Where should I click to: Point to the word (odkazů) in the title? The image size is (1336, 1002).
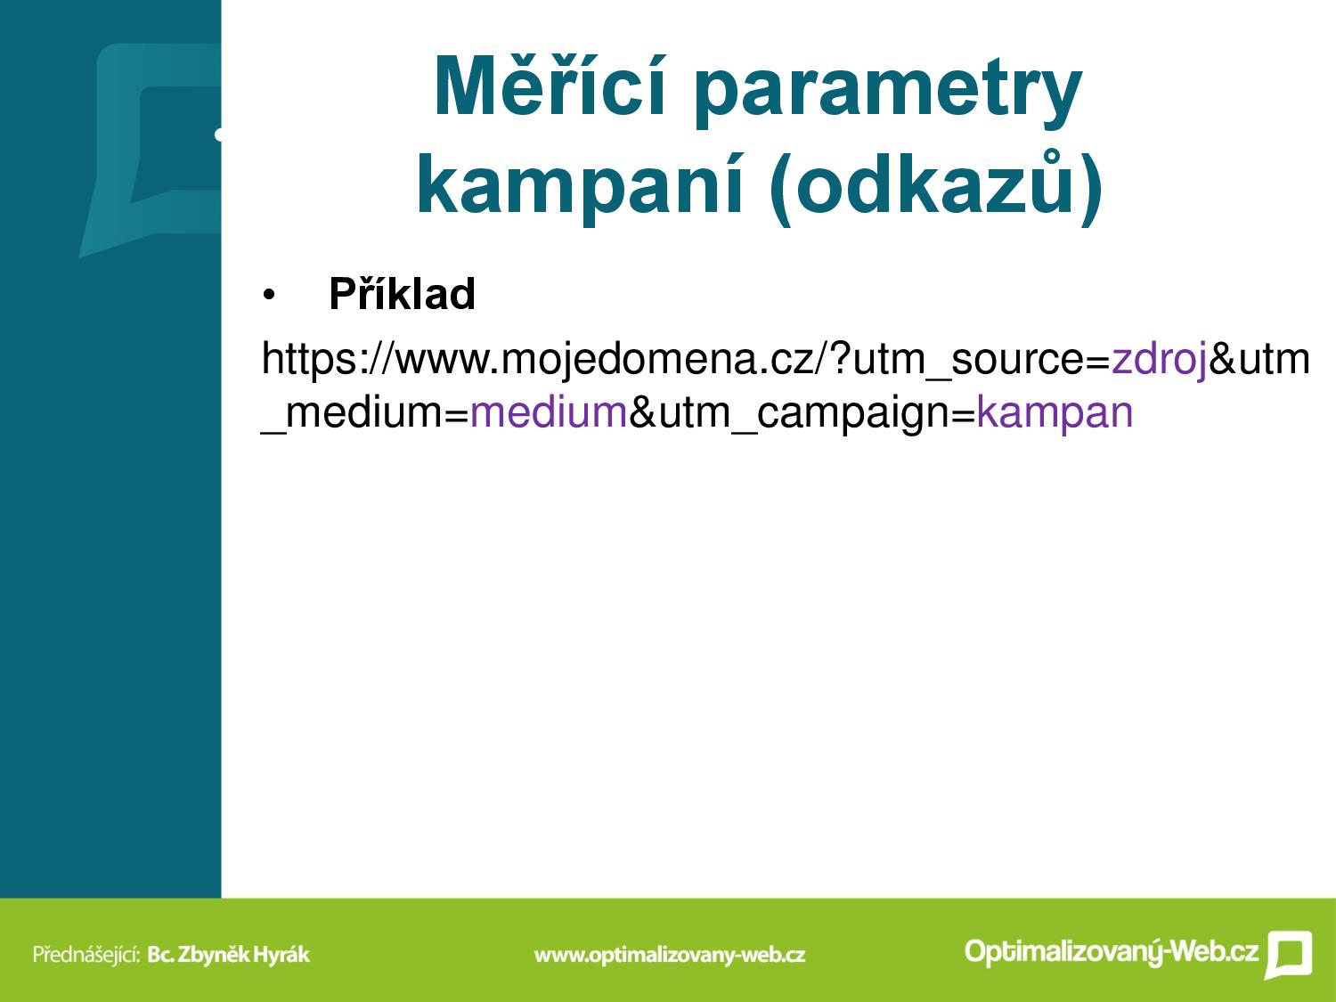click(x=936, y=186)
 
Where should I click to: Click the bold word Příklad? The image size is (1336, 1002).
click(x=402, y=293)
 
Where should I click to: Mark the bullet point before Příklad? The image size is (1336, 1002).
click(x=268, y=296)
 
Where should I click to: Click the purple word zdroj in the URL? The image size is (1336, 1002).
click(x=1159, y=360)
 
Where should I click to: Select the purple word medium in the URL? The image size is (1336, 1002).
click(x=549, y=411)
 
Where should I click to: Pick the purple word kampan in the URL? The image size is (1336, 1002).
click(x=1055, y=413)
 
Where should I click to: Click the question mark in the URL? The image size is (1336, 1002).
click(x=840, y=358)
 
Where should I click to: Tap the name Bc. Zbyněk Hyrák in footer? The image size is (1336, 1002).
click(x=229, y=954)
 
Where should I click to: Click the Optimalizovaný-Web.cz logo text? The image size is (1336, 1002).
click(x=1112, y=951)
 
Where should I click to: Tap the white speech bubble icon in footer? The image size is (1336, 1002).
click(x=1289, y=955)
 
